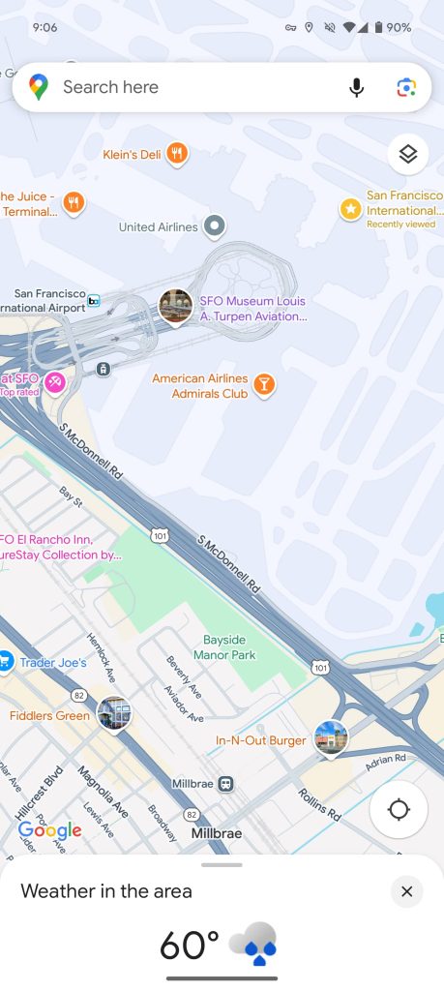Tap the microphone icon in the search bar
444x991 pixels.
(357, 88)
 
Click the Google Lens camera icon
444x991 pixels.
(406, 88)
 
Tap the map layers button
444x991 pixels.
(407, 154)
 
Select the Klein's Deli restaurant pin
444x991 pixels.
(176, 153)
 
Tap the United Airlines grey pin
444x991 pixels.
(215, 226)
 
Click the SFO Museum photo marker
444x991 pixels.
(175, 307)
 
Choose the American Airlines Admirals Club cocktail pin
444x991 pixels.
(263, 386)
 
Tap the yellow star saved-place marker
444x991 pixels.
(350, 208)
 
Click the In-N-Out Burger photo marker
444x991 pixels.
(331, 738)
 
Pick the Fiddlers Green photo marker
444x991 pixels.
(114, 714)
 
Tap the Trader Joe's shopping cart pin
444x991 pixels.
(5, 662)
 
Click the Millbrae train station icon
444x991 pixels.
(225, 783)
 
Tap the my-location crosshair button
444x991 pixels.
(399, 809)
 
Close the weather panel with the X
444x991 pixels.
(406, 891)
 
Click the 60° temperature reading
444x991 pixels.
(190, 945)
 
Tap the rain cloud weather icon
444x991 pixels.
(255, 943)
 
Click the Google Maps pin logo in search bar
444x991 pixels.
(39, 87)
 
